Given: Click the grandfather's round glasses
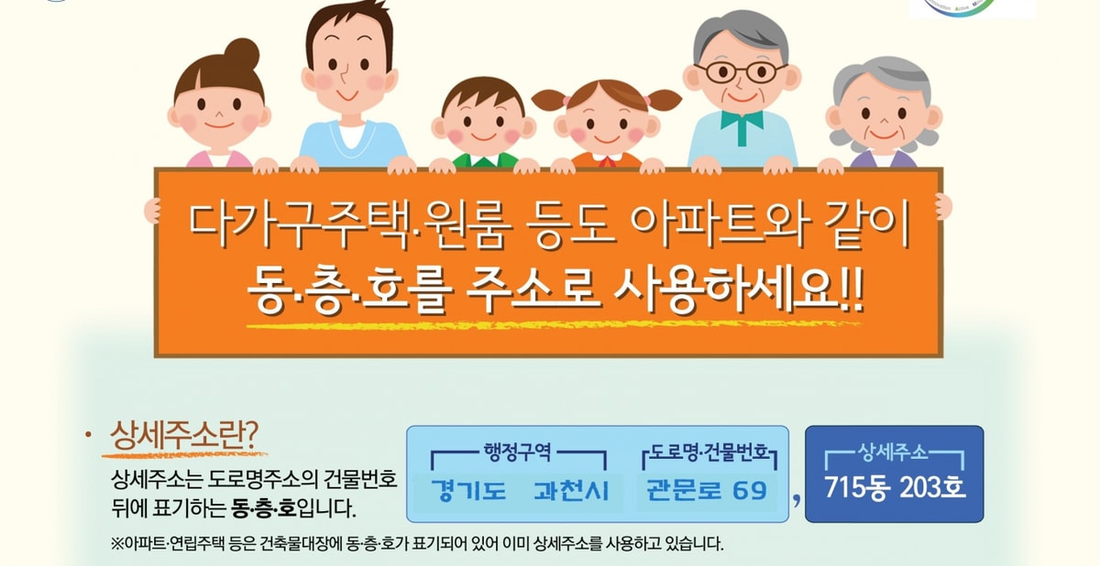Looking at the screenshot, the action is click(x=742, y=71).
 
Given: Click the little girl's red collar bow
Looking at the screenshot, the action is click(x=608, y=161).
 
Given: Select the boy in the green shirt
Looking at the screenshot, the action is click(x=483, y=124).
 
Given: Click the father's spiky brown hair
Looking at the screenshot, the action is click(x=348, y=25).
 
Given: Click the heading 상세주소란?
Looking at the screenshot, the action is click(x=184, y=435).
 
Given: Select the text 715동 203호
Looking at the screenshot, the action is click(x=895, y=487).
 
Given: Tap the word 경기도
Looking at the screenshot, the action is click(x=468, y=490).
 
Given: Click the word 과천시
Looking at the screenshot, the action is click(x=571, y=490).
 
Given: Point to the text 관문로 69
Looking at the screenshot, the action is click(x=706, y=489).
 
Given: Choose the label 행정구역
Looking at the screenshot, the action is click(x=518, y=452).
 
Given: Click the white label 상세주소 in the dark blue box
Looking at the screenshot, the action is click(x=893, y=452).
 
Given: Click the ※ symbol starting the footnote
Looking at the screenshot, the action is click(x=118, y=543).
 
